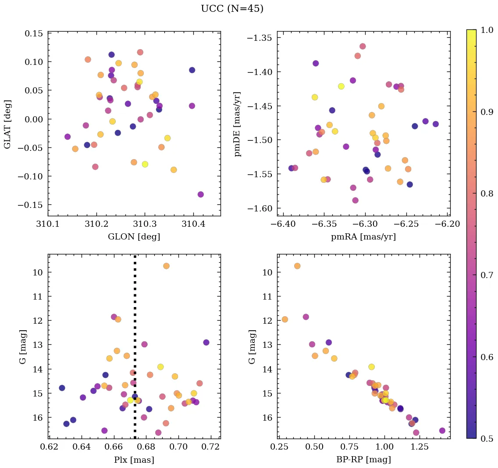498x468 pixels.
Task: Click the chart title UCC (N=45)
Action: pyautogui.click(x=232, y=9)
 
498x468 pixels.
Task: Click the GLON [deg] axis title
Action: pyautogui.click(x=134, y=237)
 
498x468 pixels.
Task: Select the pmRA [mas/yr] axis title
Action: pyautogui.click(x=363, y=237)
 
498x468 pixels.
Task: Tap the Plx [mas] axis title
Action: pyautogui.click(x=134, y=460)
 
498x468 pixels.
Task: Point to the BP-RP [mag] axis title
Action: pyautogui.click(x=363, y=460)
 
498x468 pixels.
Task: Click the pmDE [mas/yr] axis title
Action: pyautogui.click(x=238, y=123)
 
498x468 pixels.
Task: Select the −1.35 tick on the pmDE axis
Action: pyautogui.click(x=261, y=38)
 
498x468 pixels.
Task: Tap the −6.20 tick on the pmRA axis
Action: pyautogui.click(x=448, y=225)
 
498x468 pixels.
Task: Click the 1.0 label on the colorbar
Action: pyautogui.click(x=487, y=30)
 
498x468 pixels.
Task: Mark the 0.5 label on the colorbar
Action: pyautogui.click(x=487, y=439)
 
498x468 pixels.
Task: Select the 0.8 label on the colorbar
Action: pyautogui.click(x=487, y=193)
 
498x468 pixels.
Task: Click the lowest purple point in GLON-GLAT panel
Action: pyautogui.click(x=200, y=194)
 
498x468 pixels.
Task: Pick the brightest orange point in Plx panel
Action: pyautogui.click(x=166, y=266)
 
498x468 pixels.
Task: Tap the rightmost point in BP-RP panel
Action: pyautogui.click(x=442, y=431)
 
